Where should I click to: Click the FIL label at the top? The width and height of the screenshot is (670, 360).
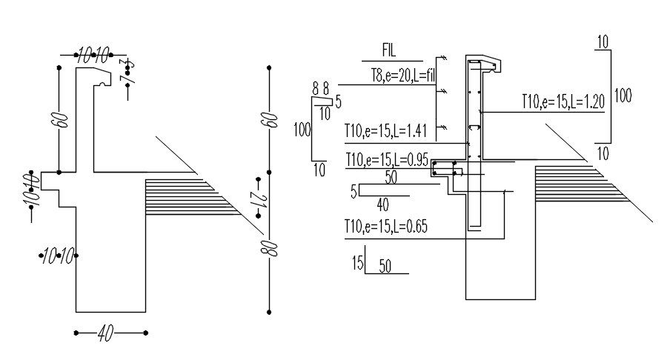[x=388, y=51]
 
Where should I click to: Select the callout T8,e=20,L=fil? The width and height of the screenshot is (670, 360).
[x=402, y=76]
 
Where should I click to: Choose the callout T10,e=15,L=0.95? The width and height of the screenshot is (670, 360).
[x=386, y=160]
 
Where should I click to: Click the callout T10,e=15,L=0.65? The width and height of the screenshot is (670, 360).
[x=386, y=227]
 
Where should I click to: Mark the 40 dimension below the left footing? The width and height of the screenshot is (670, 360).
[x=106, y=334]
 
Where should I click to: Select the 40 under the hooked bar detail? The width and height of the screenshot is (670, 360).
[x=382, y=204]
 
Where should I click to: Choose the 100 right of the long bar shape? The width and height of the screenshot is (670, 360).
[x=623, y=96]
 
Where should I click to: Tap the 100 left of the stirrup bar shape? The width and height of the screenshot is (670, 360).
[x=301, y=130]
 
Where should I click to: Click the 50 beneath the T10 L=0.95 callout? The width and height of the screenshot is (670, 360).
[x=391, y=177]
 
